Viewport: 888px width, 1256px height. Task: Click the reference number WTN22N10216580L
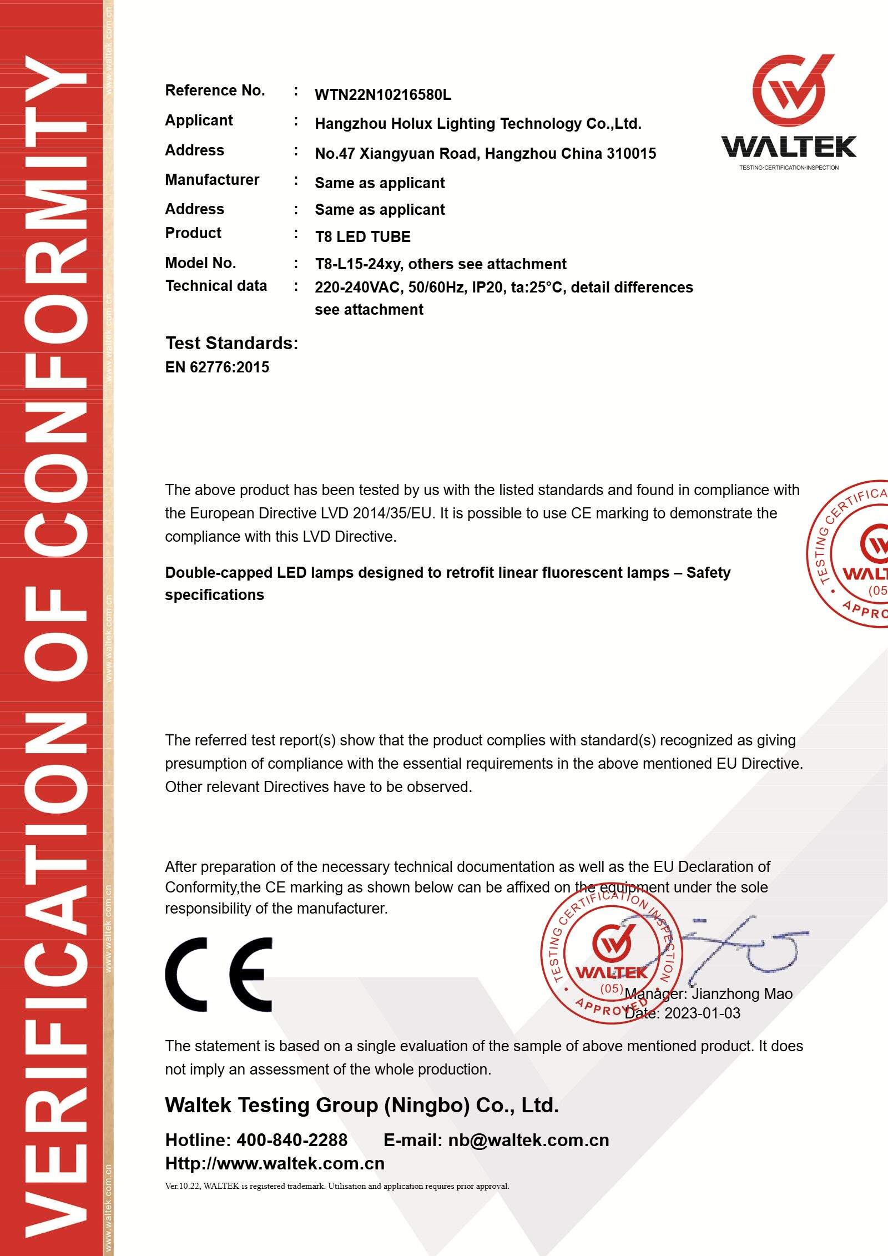click(383, 95)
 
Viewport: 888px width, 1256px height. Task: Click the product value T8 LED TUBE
click(362, 237)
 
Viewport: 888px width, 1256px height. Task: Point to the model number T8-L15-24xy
click(357, 264)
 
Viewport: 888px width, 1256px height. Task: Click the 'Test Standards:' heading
click(231, 343)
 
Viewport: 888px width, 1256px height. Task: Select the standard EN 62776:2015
click(217, 367)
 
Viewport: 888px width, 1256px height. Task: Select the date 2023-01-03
click(702, 1013)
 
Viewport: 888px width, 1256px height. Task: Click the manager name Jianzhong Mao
click(741, 993)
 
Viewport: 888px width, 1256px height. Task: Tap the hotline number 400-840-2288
click(292, 1141)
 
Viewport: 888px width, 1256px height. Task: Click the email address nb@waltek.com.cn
click(528, 1141)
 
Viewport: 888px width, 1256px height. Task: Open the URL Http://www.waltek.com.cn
click(275, 1163)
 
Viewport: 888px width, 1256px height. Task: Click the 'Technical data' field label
click(216, 286)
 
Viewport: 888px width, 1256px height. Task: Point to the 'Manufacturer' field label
click(212, 180)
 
